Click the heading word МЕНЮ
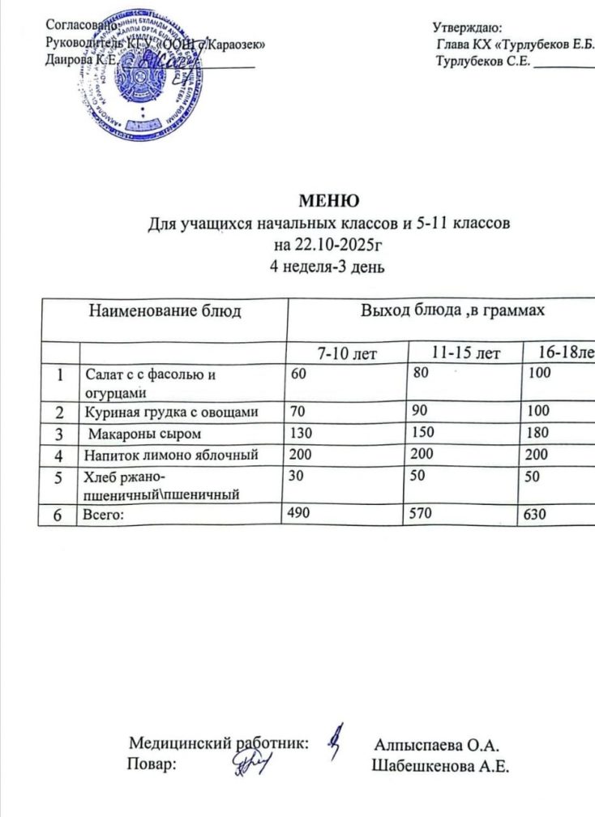point(328,201)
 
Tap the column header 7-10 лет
point(348,353)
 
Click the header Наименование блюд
point(165,310)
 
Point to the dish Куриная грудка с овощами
point(173,413)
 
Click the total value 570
point(418,513)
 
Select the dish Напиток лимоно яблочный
point(173,454)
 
